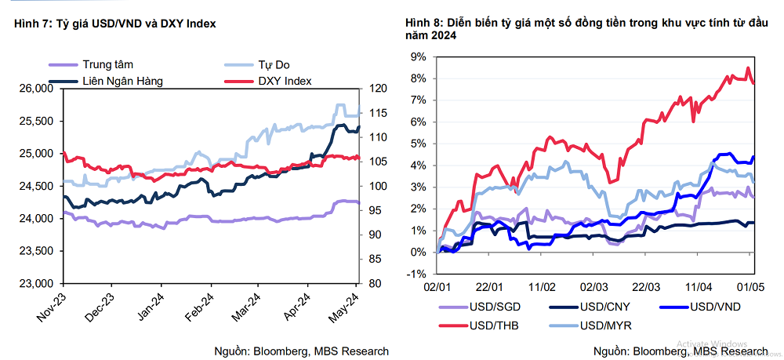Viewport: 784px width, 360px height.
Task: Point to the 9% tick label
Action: (418, 57)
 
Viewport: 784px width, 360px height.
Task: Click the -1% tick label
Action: (416, 274)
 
